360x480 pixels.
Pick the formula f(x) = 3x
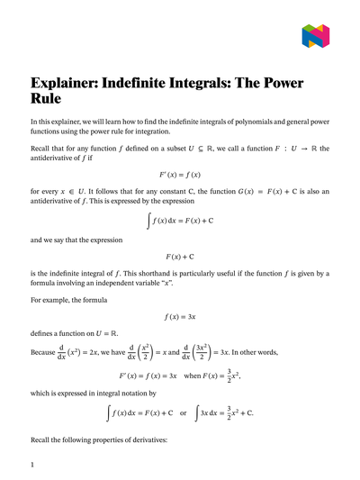[x=180, y=317]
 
